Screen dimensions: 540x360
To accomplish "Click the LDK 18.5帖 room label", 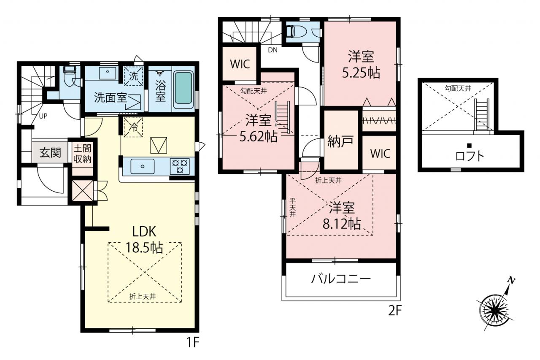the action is coord(144,239).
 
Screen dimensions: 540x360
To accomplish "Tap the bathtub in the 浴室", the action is coord(184,88).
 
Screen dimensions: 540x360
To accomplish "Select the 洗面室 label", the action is coord(110,97).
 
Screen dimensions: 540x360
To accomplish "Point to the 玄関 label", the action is coord(50,153).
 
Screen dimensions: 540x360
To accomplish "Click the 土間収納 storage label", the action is coord(82,154).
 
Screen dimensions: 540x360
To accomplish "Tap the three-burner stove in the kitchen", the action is coord(180,166).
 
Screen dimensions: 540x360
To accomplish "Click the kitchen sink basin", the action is coord(143,166).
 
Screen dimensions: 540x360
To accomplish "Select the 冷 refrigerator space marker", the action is coord(133,127).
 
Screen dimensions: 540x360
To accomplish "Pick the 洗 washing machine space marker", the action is coord(133,76).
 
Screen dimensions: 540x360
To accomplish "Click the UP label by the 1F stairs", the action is coord(43,116).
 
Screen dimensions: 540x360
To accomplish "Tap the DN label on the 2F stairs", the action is coord(273,50).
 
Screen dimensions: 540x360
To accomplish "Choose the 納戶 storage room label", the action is coord(340,141).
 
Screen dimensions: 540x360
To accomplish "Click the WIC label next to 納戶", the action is coord(380,153).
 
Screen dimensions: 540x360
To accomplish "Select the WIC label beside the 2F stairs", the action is coord(240,64).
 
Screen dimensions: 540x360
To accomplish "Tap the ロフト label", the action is coord(470,156).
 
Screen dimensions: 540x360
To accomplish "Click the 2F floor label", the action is coord(395,311).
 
